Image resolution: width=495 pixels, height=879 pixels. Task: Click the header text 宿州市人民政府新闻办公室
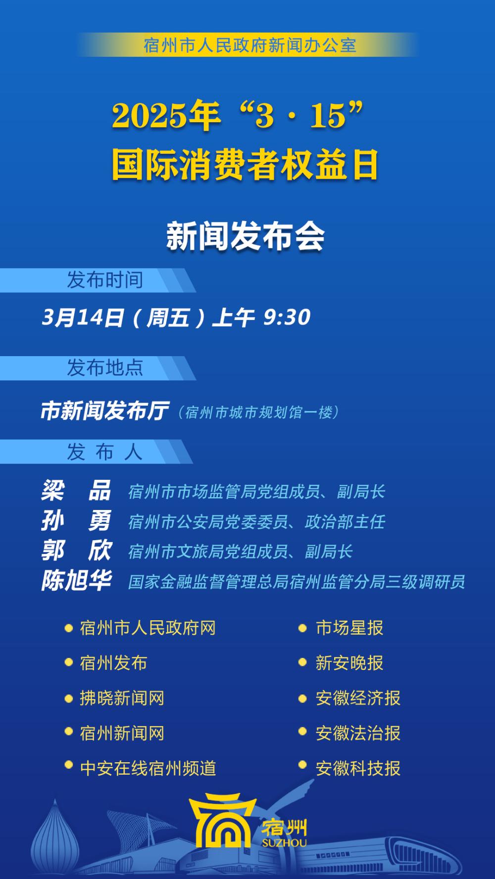pyautogui.click(x=250, y=46)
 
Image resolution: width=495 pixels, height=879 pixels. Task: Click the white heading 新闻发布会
pyautogui.click(x=246, y=236)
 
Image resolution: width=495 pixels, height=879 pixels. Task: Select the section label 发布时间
pyautogui.click(x=105, y=280)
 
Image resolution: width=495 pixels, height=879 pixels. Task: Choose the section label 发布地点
pyautogui.click(x=105, y=368)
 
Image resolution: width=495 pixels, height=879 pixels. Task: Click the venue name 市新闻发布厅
pyautogui.click(x=104, y=411)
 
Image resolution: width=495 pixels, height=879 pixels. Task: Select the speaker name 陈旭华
pyautogui.click(x=76, y=581)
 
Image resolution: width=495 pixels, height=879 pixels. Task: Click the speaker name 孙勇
pyautogui.click(x=76, y=521)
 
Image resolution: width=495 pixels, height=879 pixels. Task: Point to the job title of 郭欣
pyautogui.click(x=241, y=552)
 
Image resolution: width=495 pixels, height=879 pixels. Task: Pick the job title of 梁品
pyautogui.click(x=257, y=492)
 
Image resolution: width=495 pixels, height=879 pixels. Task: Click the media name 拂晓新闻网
pyautogui.click(x=122, y=698)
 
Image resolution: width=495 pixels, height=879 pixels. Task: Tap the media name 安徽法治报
pyautogui.click(x=358, y=733)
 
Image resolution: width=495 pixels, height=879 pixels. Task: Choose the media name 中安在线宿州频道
pyautogui.click(x=148, y=768)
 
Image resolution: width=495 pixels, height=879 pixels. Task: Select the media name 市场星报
pyautogui.click(x=349, y=628)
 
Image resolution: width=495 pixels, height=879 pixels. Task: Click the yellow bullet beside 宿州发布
pyautogui.click(x=69, y=662)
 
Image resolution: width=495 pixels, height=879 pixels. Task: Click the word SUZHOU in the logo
pyautogui.click(x=284, y=842)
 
